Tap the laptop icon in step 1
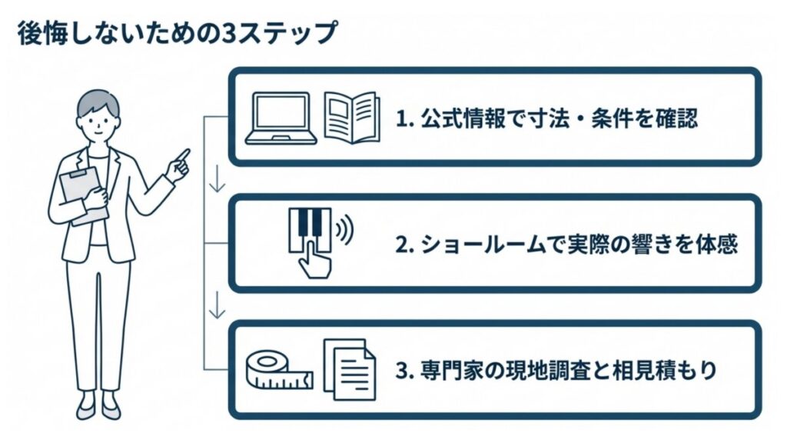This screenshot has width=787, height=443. [x=281, y=118]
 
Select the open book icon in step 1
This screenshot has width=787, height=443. [x=352, y=118]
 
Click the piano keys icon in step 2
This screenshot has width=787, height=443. [x=310, y=225]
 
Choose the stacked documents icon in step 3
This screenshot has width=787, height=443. [x=350, y=369]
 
